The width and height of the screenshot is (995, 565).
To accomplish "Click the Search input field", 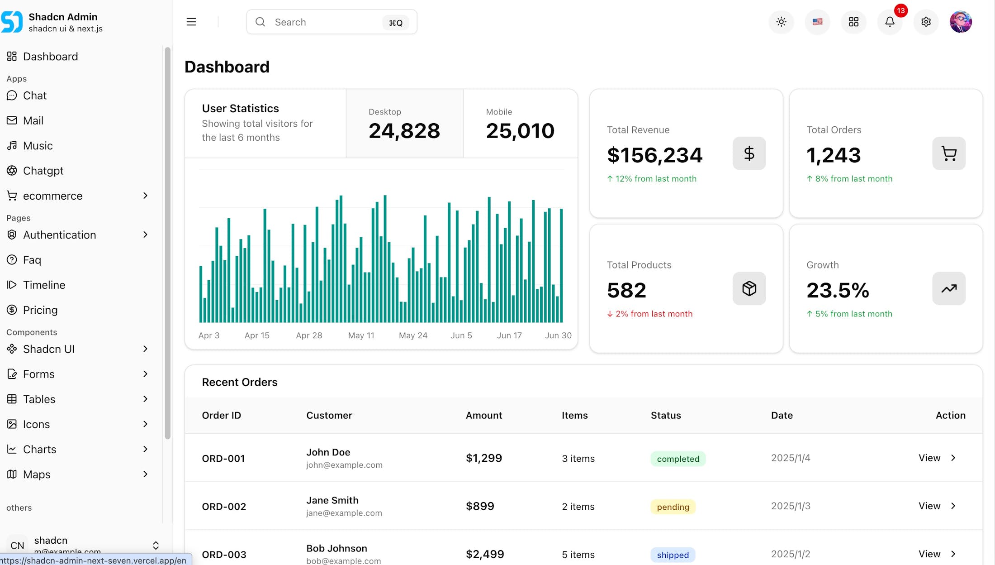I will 326,22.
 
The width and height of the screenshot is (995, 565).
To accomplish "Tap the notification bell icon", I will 890,22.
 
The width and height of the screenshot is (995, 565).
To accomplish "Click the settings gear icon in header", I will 926,22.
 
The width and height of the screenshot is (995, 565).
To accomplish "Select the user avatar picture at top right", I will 961,22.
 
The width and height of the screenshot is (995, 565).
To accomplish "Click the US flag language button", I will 817,22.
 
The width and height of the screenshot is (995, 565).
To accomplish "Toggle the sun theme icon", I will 781,22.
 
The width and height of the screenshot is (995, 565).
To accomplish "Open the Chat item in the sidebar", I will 35,96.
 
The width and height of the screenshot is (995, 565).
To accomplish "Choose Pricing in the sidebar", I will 40,310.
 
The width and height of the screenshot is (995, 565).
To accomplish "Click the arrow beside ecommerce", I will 145,196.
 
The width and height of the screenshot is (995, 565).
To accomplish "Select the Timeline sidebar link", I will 44,285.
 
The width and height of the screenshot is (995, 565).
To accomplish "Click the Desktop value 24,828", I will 404,131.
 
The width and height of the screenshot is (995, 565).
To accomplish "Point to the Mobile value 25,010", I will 520,131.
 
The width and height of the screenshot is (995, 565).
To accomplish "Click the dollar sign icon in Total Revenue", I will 749,153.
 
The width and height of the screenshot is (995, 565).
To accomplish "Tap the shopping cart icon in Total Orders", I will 948,153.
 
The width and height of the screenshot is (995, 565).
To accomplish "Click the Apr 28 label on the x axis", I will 309,335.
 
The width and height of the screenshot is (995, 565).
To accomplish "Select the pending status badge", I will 673,507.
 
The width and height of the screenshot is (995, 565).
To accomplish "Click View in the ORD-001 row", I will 929,458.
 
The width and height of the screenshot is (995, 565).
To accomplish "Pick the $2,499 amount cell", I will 485,554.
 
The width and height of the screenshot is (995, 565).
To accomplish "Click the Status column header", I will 666,415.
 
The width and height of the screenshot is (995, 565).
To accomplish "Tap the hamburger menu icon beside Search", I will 191,22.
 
